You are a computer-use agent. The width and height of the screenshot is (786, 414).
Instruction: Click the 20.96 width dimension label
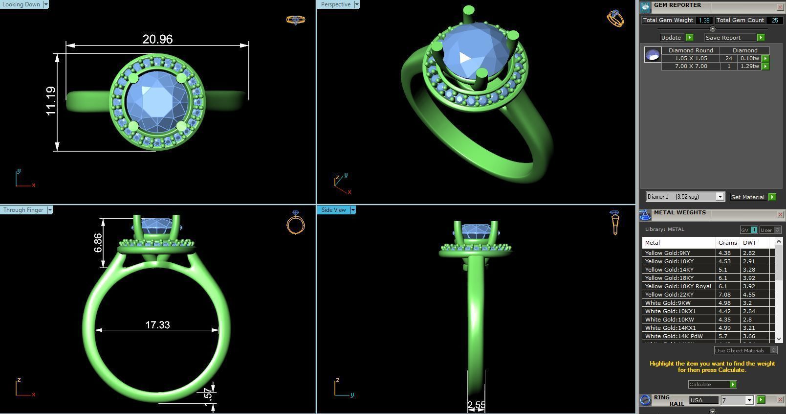[x=157, y=39]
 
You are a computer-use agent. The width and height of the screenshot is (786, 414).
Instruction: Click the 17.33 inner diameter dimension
[x=157, y=325]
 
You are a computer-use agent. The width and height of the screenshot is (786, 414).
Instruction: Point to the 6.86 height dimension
[x=98, y=243]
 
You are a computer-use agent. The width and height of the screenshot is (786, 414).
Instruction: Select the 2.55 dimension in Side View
[x=476, y=405]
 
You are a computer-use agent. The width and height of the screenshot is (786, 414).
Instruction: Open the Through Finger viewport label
[x=23, y=210]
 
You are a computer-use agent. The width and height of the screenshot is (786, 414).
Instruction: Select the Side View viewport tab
[x=333, y=210]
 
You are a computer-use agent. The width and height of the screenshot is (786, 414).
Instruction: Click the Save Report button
[x=723, y=38]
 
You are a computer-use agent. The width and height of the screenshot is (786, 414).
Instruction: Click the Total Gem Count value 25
[x=774, y=20]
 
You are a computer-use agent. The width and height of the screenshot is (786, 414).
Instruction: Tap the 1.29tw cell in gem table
[x=749, y=66]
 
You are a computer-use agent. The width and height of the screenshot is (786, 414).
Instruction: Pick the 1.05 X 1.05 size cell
[x=691, y=58]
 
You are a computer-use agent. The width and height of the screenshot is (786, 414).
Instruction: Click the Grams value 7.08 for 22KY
[x=724, y=295]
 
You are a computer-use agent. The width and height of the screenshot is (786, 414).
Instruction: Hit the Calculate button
[x=709, y=385]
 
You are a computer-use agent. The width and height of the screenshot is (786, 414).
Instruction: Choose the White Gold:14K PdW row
[x=674, y=336]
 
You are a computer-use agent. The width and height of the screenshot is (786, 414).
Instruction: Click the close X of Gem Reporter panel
[x=780, y=7]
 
